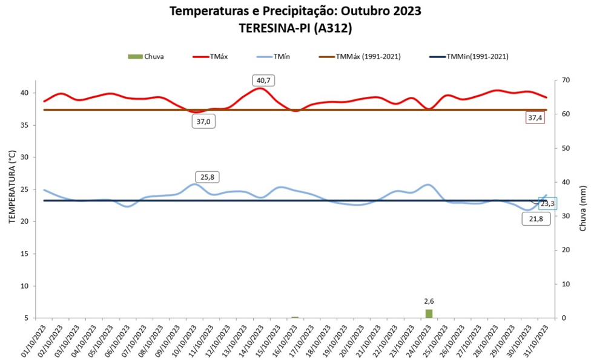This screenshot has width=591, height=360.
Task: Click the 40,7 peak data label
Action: click(263, 80)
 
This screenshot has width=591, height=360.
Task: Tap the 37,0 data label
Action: click(203, 122)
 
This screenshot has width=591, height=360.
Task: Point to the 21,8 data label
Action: click(536, 218)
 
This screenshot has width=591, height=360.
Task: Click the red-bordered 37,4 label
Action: click(535, 118)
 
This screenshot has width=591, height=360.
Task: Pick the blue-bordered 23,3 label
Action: click(547, 204)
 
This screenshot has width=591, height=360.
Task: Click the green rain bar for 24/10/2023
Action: click(429, 313)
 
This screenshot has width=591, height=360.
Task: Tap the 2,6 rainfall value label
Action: click(429, 301)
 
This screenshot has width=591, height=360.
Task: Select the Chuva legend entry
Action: click(146, 56)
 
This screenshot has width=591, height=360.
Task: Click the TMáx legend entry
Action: click(210, 56)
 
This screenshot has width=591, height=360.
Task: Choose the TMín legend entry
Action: click(273, 56)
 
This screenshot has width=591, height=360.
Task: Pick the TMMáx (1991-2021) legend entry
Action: click(360, 56)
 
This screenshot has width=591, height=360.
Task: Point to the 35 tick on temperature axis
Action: click(24, 125)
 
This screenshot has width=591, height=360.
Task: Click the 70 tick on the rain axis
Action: click(567, 80)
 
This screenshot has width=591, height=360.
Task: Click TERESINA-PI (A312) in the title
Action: click(295, 28)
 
